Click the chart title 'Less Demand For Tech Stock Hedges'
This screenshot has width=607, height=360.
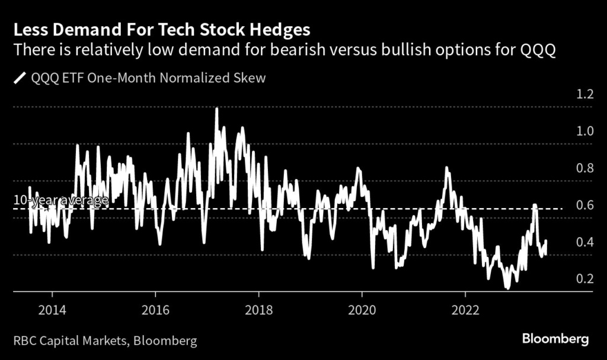(x=159, y=29)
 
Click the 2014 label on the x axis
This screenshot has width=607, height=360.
(x=52, y=310)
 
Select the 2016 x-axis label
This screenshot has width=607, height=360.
(x=155, y=310)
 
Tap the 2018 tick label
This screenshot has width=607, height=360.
(x=258, y=310)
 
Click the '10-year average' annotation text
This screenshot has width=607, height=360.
(x=61, y=200)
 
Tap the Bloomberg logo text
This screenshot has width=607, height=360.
(x=555, y=339)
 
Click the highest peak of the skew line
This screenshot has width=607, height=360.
(x=216, y=109)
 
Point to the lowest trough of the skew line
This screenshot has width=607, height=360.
(x=507, y=288)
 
